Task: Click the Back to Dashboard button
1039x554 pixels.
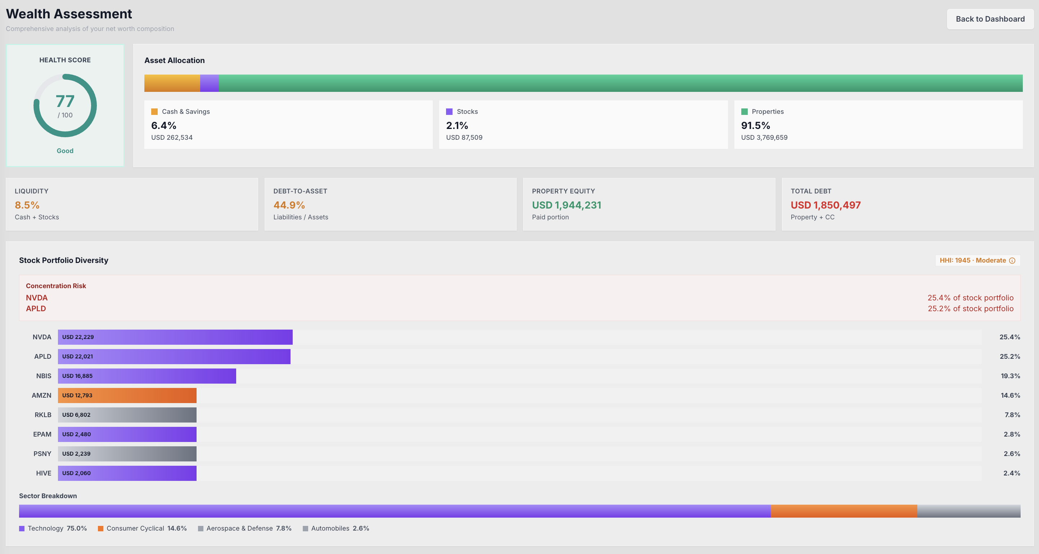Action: pos(990,19)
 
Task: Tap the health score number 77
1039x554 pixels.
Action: pos(65,101)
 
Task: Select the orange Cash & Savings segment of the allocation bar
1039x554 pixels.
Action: pos(172,83)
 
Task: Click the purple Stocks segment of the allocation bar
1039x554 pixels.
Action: pos(209,83)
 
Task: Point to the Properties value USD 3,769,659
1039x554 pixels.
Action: pos(764,138)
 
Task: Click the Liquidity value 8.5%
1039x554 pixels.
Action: pos(27,205)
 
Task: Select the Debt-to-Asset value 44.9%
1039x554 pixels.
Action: pos(289,205)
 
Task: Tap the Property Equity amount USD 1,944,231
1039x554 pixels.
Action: pos(566,205)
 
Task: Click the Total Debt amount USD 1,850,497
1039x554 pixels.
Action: pos(825,205)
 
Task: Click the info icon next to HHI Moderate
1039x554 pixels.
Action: pos(1012,261)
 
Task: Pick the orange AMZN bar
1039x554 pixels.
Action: pos(127,396)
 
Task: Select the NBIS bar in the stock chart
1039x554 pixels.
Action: pos(147,376)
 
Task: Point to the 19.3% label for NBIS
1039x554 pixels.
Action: pos(1010,376)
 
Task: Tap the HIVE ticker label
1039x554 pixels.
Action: pos(44,473)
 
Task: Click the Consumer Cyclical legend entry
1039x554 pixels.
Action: pos(142,528)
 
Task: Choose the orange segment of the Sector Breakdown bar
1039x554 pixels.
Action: pos(844,511)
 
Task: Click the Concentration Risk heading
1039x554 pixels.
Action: pos(56,286)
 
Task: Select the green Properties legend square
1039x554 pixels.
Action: pos(744,112)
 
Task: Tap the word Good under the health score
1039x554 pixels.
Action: pos(65,151)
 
